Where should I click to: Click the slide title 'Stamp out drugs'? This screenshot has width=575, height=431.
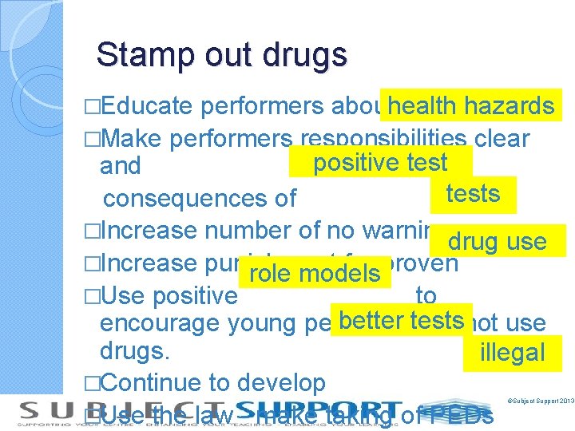(221, 55)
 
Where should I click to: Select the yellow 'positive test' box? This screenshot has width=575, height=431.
(380, 163)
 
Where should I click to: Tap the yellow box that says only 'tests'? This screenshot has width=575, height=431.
(473, 194)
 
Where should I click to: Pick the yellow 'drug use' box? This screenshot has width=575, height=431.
(497, 240)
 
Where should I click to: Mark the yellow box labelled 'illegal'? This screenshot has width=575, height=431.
(512, 352)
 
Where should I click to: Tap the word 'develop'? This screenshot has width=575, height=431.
(281, 384)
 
